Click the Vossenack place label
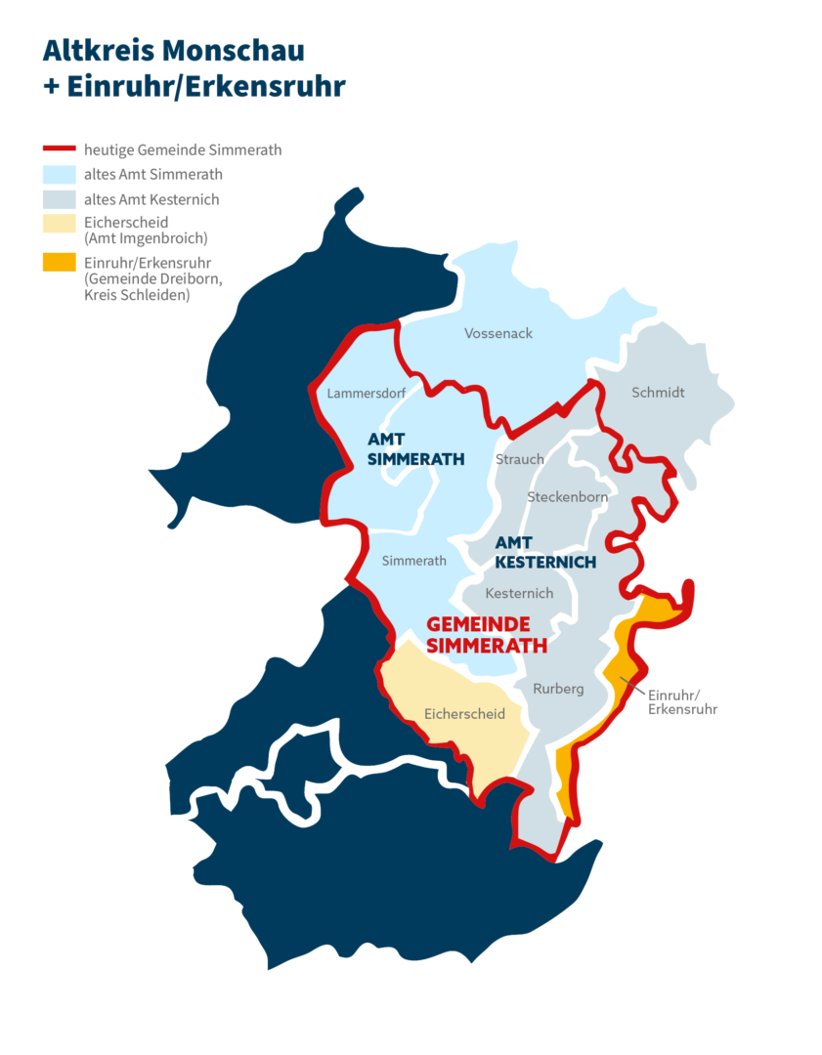coord(498,333)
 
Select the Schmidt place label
coord(658,393)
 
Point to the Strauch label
coord(520,459)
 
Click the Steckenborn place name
coord(567,497)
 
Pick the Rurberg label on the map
coord(558,689)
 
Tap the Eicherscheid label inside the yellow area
coord(465,714)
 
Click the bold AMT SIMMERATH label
coord(403,450)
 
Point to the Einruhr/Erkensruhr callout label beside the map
coord(682,701)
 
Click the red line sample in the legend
coord(60,150)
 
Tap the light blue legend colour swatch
coord(60,175)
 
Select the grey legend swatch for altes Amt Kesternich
coord(60,199)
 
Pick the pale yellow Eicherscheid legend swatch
coord(60,224)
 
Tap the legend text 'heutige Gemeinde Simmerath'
coord(183,150)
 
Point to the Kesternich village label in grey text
coord(519,593)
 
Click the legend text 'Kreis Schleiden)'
coord(137,294)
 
